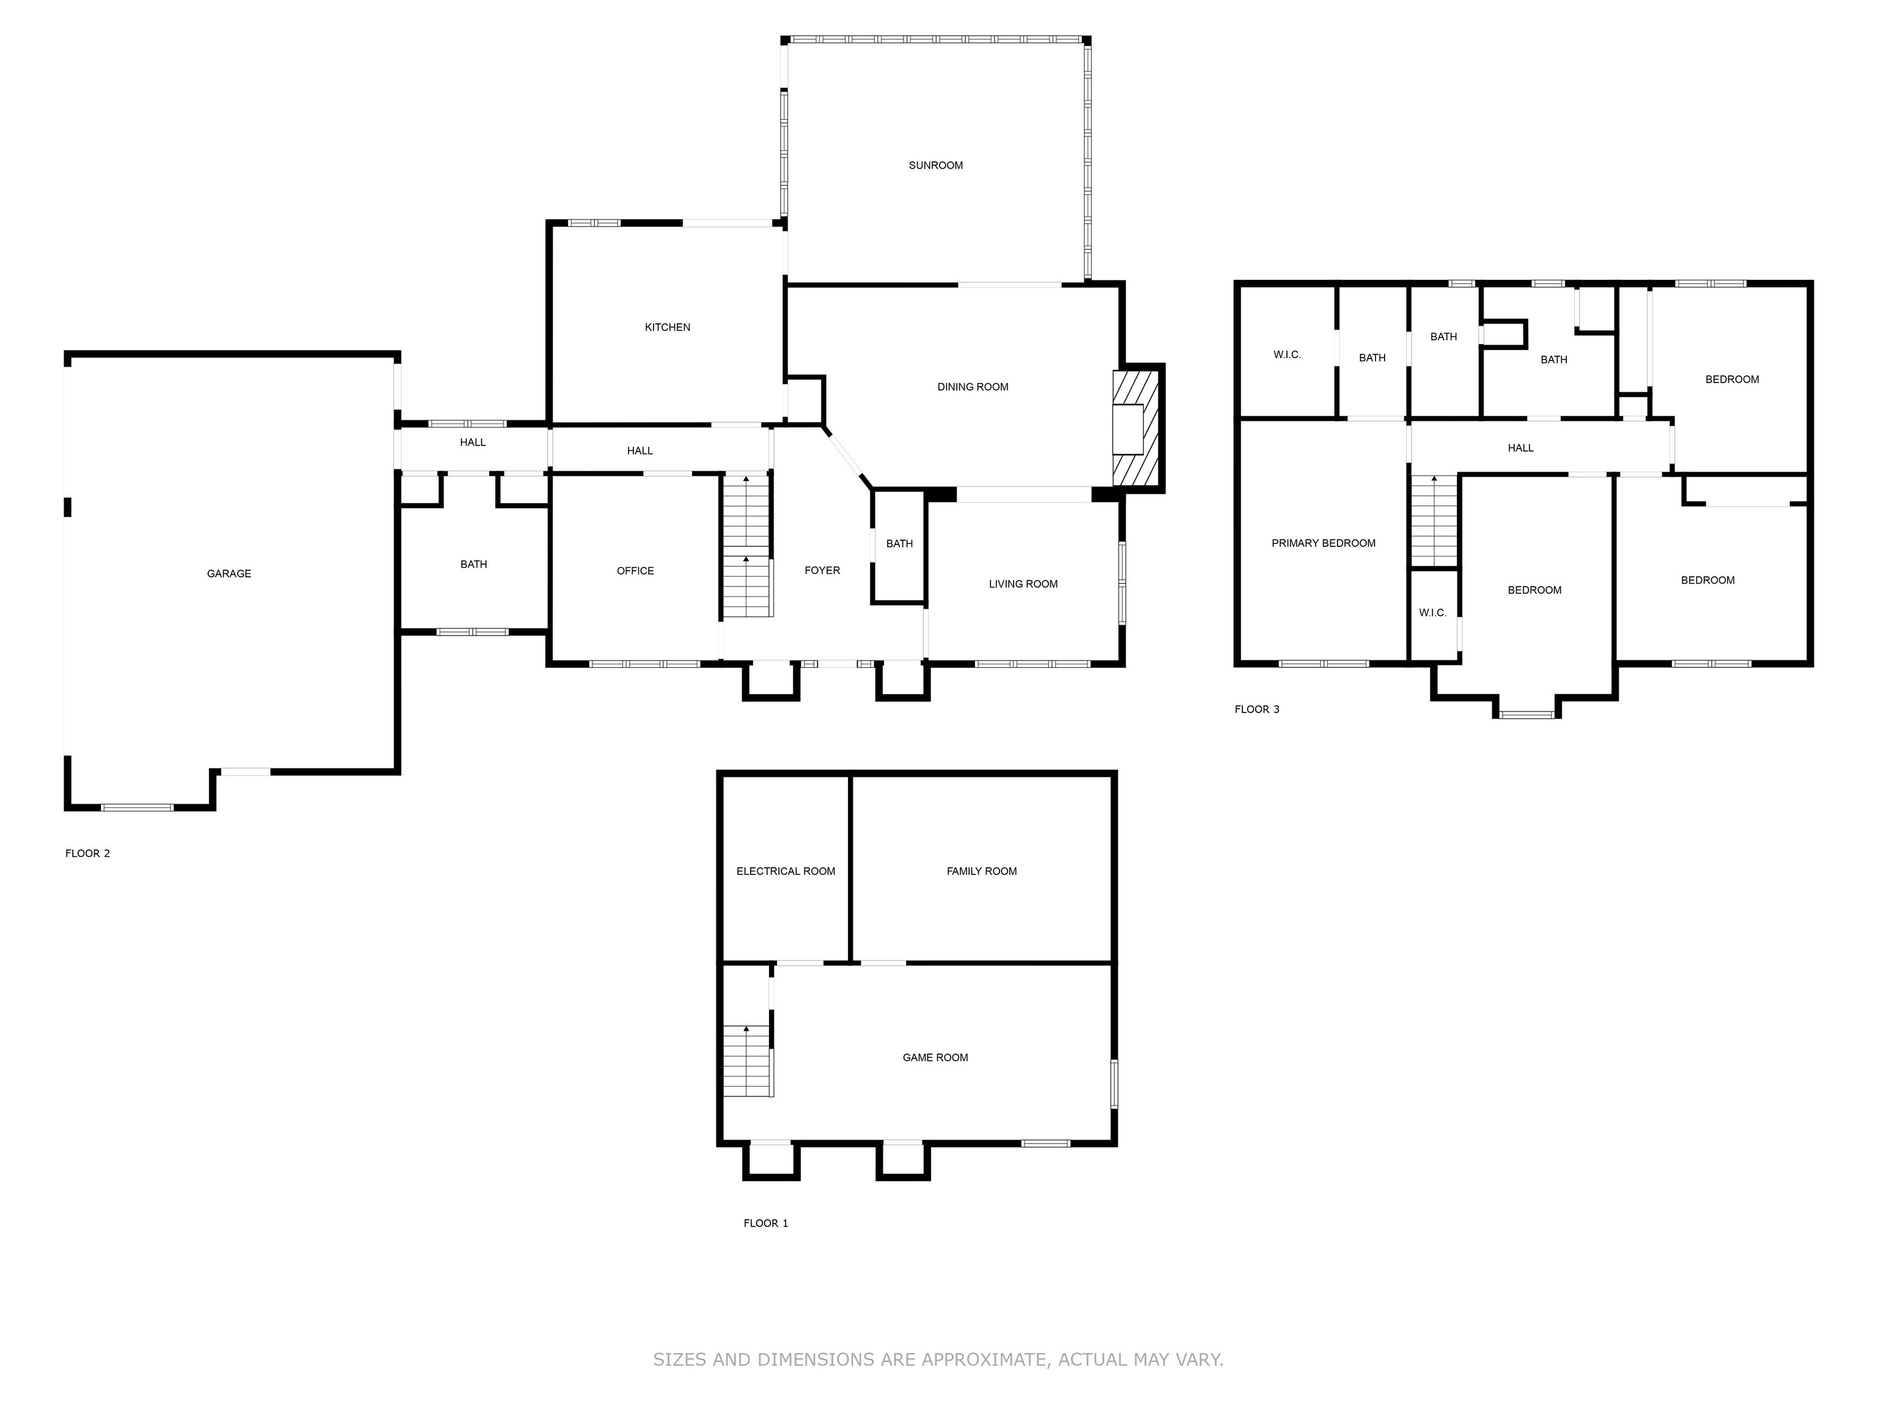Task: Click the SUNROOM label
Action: [x=935, y=166]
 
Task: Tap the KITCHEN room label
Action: [x=668, y=328]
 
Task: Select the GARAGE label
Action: [x=229, y=574]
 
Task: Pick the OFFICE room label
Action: [x=635, y=571]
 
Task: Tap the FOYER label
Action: [x=822, y=570]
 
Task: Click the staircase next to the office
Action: [x=746, y=548]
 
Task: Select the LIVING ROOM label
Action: [x=1022, y=584]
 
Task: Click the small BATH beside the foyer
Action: [x=899, y=544]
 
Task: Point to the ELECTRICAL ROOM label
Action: [x=786, y=871]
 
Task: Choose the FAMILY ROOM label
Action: [x=981, y=871]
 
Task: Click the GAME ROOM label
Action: [x=935, y=1057]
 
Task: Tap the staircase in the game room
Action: [x=747, y=1061]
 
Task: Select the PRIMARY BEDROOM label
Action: [x=1323, y=543]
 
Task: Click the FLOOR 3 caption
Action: [x=1256, y=710]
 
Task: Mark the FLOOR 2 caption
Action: [x=87, y=854]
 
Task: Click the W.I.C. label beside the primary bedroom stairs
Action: [x=1432, y=613]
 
